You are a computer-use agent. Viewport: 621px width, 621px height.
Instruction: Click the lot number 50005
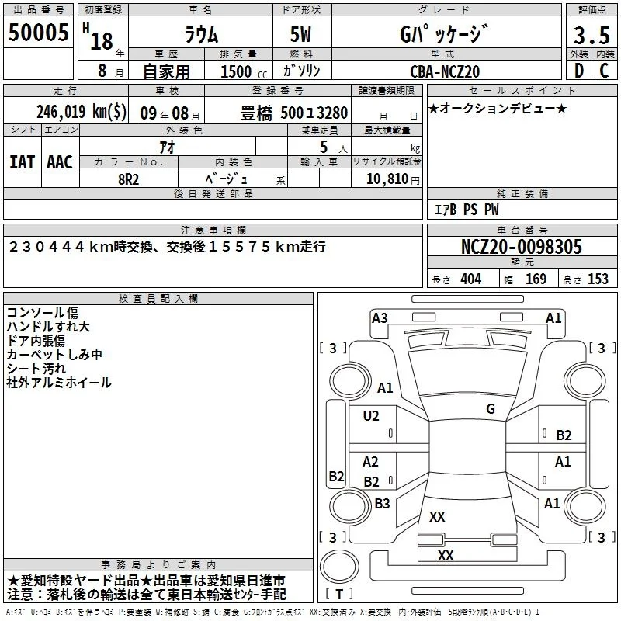pyautogui.click(x=38, y=33)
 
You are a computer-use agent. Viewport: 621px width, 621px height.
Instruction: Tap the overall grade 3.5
pyautogui.click(x=592, y=35)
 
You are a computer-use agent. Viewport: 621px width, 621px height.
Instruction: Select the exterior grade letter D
pyautogui.click(x=579, y=71)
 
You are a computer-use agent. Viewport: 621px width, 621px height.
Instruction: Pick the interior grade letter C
pyautogui.click(x=604, y=71)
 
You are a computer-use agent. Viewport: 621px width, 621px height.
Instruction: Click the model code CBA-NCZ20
pyautogui.click(x=445, y=71)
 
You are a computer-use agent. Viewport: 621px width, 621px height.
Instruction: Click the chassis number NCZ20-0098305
pyautogui.click(x=522, y=247)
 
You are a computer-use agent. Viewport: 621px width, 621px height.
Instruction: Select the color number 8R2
pyautogui.click(x=128, y=179)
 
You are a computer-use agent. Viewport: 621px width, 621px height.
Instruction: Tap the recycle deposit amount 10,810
pyautogui.click(x=387, y=179)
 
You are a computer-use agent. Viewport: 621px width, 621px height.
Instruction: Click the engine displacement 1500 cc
pyautogui.click(x=244, y=71)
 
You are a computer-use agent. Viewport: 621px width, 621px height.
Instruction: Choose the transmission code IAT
pyautogui.click(x=23, y=162)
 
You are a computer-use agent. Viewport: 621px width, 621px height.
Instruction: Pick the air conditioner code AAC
pyautogui.click(x=60, y=162)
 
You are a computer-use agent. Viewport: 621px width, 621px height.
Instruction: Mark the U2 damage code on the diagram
pyautogui.click(x=371, y=415)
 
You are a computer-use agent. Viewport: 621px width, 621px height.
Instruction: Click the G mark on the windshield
pyautogui.click(x=491, y=408)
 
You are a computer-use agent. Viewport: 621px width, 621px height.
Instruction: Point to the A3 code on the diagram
pyautogui.click(x=380, y=318)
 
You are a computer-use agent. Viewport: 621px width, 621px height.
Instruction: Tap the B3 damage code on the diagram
pyautogui.click(x=382, y=503)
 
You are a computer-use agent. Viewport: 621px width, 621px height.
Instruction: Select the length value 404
pyautogui.click(x=471, y=279)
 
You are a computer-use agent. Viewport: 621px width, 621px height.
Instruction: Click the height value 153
pyautogui.click(x=598, y=279)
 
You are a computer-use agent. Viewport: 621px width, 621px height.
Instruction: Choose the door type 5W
pyautogui.click(x=300, y=34)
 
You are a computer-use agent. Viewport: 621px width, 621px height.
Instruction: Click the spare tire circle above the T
pyautogui.click(x=339, y=567)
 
